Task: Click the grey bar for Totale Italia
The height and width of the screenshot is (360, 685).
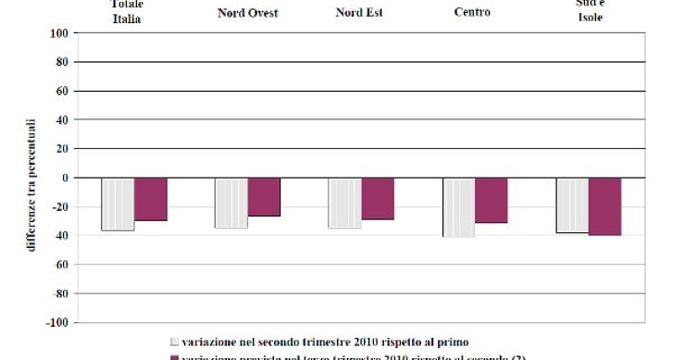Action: (x=118, y=204)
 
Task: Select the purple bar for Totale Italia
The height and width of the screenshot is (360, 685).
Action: (x=150, y=199)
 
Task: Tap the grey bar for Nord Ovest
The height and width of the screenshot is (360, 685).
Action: (x=231, y=203)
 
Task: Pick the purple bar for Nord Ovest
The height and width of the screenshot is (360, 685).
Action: (x=264, y=197)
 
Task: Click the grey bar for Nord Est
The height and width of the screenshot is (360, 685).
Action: (x=345, y=203)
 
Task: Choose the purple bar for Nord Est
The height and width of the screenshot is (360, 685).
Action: (x=378, y=199)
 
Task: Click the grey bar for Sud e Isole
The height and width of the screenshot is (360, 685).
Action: (x=572, y=205)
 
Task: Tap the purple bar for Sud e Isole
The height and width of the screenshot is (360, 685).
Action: (x=604, y=206)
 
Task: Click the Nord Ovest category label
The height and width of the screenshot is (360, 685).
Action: (x=247, y=13)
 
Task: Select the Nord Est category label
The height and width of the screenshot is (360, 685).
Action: (x=361, y=13)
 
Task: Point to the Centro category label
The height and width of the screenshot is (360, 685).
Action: (x=474, y=13)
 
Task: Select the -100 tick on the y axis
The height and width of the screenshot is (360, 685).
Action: (x=59, y=323)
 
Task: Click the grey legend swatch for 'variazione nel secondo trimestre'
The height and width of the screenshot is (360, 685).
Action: (x=174, y=341)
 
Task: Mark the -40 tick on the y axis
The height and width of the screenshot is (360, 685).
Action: (x=62, y=236)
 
